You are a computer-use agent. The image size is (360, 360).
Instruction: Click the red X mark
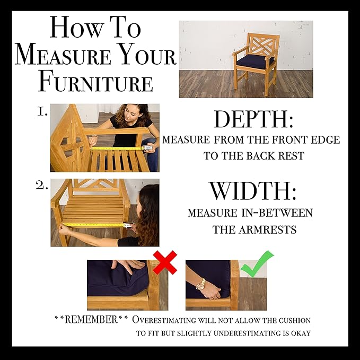(165, 262)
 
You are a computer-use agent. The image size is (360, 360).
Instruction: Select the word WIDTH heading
(253, 190)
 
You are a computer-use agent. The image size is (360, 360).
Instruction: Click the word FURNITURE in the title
(95, 82)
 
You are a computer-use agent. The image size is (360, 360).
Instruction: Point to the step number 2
(41, 186)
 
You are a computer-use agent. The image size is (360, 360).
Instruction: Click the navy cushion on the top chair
(255, 61)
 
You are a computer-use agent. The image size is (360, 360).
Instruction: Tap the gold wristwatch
(200, 284)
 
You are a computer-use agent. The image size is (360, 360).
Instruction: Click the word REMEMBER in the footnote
(91, 320)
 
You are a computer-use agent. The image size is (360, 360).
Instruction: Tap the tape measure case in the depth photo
(148, 148)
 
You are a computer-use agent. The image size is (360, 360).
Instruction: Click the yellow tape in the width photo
(93, 224)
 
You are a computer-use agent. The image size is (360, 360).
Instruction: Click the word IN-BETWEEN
(277, 213)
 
